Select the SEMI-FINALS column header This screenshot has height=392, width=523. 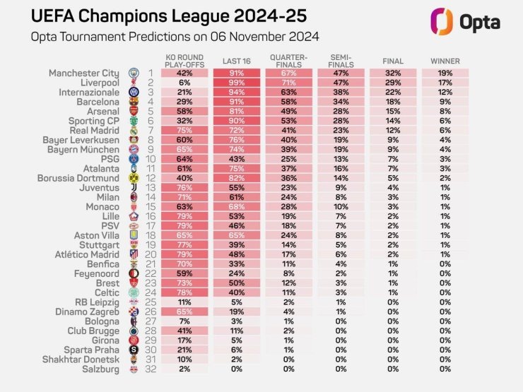[x=341, y=59]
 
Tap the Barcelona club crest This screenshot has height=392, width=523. [x=134, y=102]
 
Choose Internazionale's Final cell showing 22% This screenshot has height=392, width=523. [x=394, y=93]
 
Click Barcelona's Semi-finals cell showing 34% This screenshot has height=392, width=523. [x=341, y=102]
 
